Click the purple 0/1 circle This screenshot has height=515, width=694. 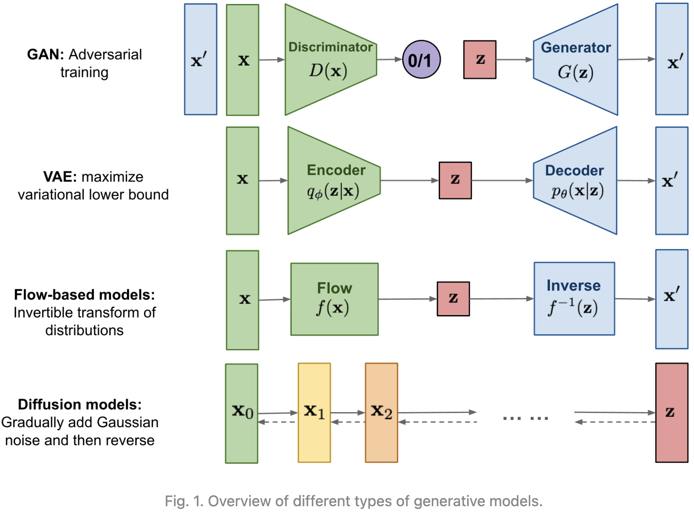421,59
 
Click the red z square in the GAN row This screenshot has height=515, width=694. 480,60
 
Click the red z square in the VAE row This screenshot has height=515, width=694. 455,181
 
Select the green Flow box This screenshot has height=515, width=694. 334,299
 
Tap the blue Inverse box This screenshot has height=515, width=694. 574,299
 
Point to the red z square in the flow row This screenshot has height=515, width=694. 453,299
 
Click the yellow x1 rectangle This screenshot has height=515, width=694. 314,413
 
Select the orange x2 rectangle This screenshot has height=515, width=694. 381,413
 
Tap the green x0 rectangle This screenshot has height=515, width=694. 242,413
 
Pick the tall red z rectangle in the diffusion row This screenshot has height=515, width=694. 672,413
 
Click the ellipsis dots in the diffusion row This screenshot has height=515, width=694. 525,418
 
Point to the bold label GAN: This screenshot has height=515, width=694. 45,54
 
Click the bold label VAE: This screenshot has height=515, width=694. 60,177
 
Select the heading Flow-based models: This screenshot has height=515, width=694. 84,294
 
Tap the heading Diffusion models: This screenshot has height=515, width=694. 80,404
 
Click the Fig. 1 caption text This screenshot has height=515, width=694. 354,501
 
